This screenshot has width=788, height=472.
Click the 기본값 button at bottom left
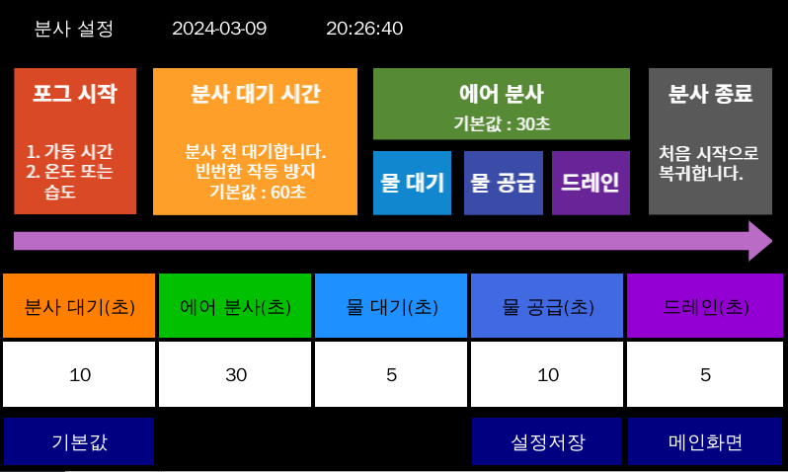(x=79, y=441)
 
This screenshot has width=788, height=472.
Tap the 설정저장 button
(x=547, y=441)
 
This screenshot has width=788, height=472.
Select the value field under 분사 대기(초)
(x=79, y=374)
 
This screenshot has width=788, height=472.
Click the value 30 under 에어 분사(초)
(x=236, y=374)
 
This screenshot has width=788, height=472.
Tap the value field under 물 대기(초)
(x=392, y=374)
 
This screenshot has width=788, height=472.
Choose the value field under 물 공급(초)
(x=548, y=374)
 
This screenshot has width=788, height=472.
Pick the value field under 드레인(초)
(x=705, y=374)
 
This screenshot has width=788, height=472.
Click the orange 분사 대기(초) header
(x=79, y=306)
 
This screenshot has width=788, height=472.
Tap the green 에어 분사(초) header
(x=236, y=306)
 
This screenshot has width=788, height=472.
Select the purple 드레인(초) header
(x=705, y=306)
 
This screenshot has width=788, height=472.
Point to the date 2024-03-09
(x=219, y=28)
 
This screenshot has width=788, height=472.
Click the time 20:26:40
(x=364, y=28)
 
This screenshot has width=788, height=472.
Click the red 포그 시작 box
(x=75, y=140)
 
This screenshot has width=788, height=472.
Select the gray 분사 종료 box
(x=710, y=140)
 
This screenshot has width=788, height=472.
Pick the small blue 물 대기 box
(x=412, y=183)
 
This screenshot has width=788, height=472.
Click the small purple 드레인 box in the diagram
(x=591, y=183)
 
